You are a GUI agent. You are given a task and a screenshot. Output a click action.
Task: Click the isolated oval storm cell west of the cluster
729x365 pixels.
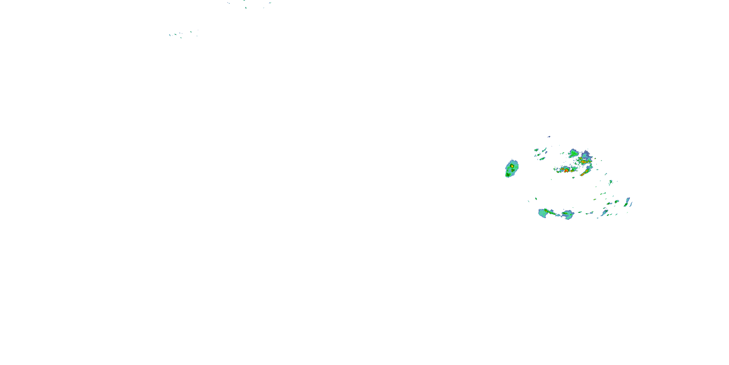[x=512, y=169]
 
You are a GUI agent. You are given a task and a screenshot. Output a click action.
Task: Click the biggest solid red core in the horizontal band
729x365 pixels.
[x=566, y=171]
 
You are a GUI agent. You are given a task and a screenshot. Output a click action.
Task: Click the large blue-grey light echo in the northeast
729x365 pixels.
[x=586, y=155]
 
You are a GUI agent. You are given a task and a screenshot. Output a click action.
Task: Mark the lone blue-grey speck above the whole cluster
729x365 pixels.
[x=549, y=137]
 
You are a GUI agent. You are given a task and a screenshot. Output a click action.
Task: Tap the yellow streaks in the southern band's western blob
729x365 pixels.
[x=547, y=211]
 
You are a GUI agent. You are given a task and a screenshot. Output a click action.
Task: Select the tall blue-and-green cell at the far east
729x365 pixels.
[x=627, y=202]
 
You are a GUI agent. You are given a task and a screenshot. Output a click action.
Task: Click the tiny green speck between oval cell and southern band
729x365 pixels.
[x=536, y=199]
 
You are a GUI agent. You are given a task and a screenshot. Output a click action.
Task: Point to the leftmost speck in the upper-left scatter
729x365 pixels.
[x=170, y=35]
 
